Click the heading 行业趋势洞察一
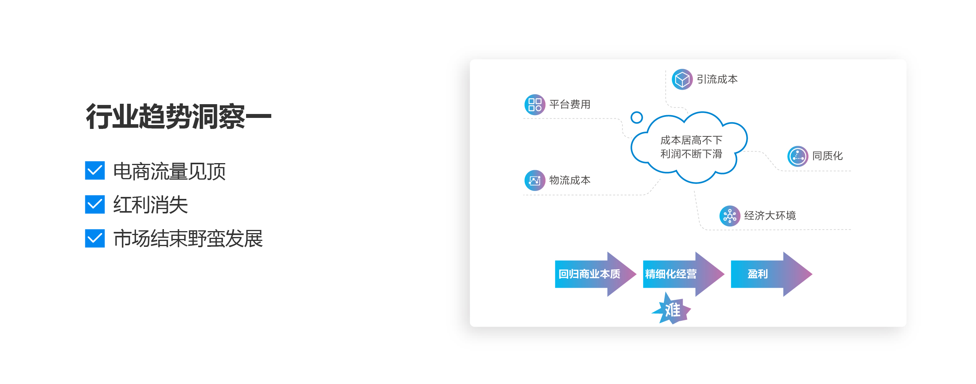pos(179,117)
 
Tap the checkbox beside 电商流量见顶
pos(95,171)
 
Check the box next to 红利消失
pos(95,204)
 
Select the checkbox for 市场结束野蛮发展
pos(95,238)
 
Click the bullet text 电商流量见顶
pos(169,171)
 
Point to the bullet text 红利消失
pos(151,205)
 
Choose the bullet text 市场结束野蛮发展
pos(188,239)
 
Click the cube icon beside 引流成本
pos(682,79)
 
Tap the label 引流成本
pos(717,79)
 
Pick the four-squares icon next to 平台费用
pos(535,105)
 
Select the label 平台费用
pos(570,105)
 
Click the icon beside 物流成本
pos(535,180)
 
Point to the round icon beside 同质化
pos(798,156)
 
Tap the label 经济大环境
pos(770,216)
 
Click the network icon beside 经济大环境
pos(730,216)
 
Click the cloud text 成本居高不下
pos(691,140)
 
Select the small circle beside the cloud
pos(637,117)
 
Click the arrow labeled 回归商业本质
pos(596,274)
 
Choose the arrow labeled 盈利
pos(772,274)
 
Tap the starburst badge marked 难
pos(672,309)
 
